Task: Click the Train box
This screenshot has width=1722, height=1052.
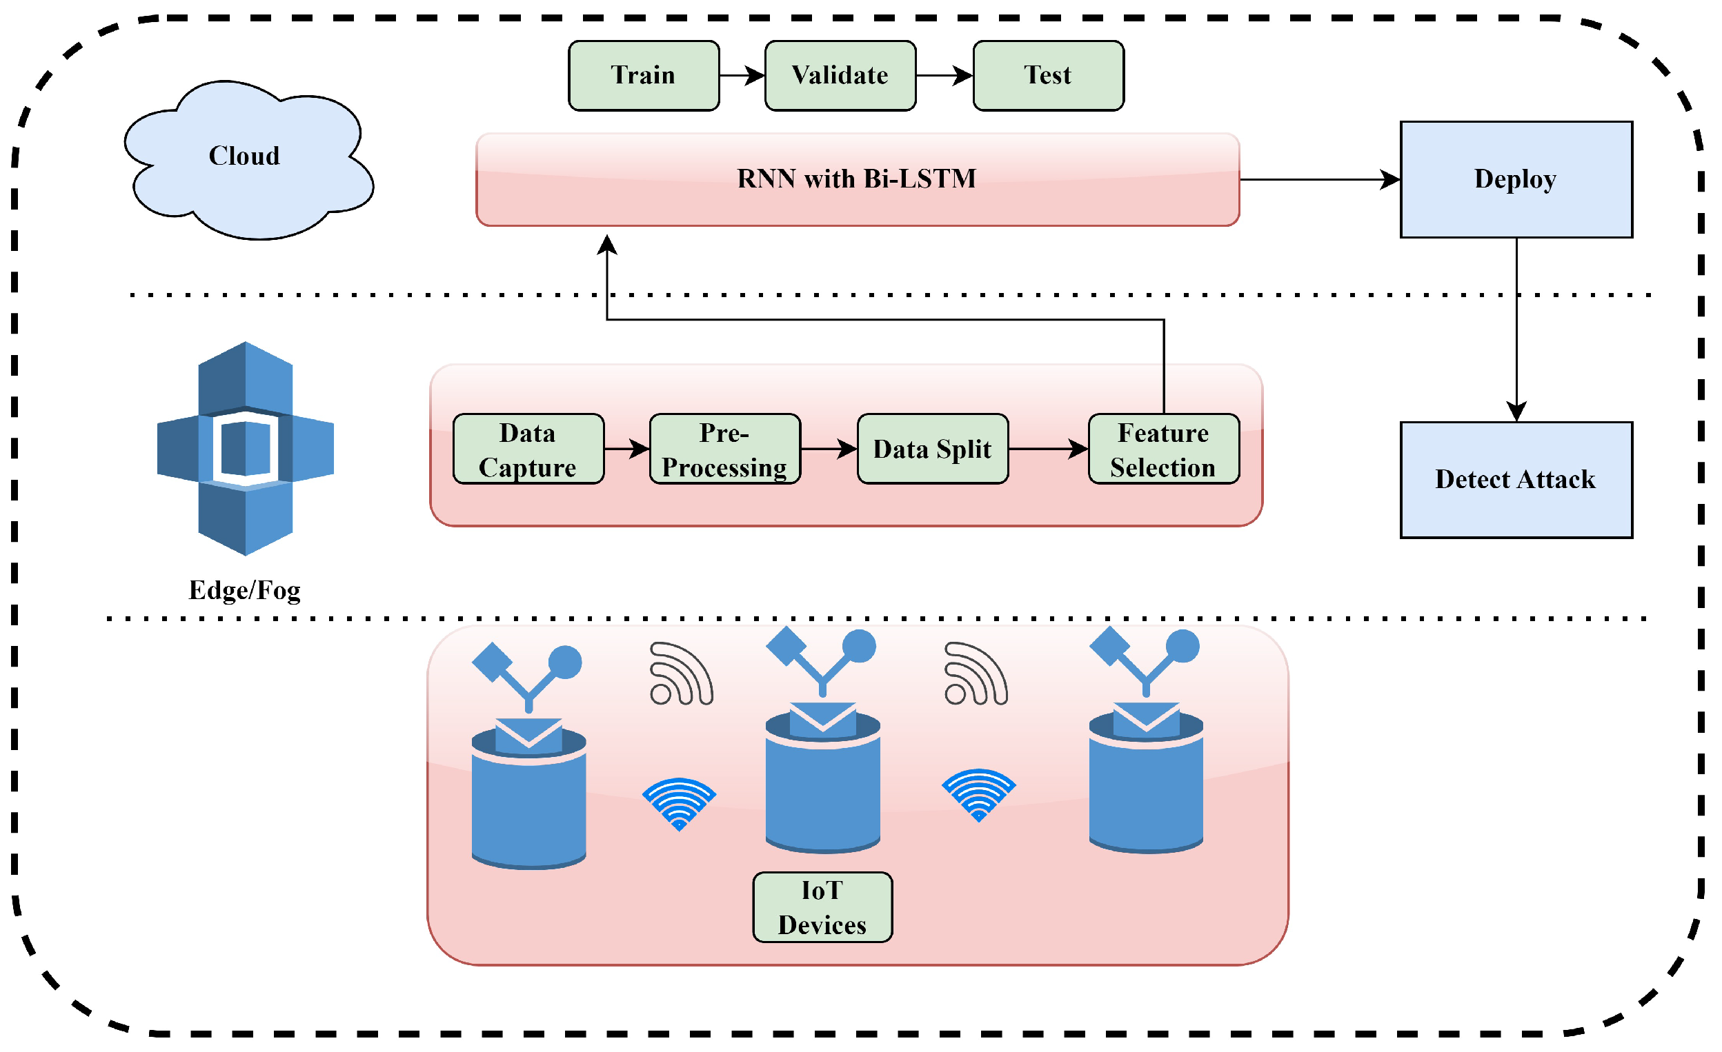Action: tap(643, 75)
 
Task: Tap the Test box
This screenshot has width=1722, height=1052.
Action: tap(1047, 75)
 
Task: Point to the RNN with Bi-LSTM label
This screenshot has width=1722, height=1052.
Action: tap(856, 179)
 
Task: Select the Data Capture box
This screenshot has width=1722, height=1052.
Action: tap(528, 449)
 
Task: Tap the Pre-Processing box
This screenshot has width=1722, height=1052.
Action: tap(724, 449)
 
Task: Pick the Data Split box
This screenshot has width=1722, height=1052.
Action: tap(932, 449)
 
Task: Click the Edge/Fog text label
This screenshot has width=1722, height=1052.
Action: tap(245, 591)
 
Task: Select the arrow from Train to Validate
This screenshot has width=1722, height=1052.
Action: tap(742, 75)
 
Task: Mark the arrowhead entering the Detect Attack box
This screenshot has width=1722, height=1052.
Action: tap(1516, 412)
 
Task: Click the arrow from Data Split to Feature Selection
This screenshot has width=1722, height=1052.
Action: tap(1047, 449)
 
